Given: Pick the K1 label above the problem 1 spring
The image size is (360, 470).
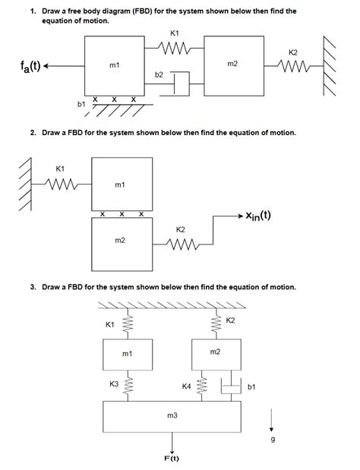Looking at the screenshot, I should tap(175, 33).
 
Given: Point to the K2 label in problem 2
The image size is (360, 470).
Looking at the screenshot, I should tap(181, 229).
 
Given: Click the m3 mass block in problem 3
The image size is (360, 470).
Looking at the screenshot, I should tap(172, 416).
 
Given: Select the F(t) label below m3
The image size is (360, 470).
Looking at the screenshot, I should tap(172, 458).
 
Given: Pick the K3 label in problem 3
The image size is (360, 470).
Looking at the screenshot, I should tap(114, 384).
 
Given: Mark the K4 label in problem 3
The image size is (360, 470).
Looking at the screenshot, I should tap(187, 386).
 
